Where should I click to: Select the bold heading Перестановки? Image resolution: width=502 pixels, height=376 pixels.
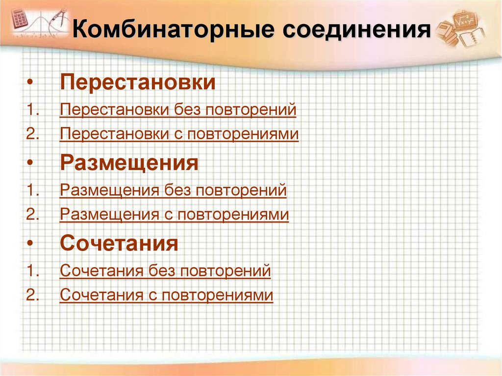(x=138, y=82)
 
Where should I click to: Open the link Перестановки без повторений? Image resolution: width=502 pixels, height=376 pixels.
(x=178, y=109)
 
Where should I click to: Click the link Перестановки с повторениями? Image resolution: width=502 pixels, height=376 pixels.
(x=179, y=134)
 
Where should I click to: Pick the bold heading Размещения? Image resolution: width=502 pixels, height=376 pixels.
(x=129, y=163)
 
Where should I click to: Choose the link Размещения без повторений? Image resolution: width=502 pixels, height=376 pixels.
(x=173, y=190)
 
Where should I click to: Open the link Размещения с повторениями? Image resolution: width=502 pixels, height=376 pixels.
(x=174, y=214)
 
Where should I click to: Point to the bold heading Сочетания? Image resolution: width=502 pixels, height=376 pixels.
(x=119, y=243)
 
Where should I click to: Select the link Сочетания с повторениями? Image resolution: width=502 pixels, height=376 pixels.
(x=166, y=295)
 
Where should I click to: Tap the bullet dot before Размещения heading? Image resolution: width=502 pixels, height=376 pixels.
(x=31, y=163)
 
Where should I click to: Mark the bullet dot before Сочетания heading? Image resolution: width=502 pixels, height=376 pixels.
(x=31, y=243)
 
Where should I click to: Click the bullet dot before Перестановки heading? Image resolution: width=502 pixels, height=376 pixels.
(x=31, y=82)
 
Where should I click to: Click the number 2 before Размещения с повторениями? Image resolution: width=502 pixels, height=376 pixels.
(x=32, y=214)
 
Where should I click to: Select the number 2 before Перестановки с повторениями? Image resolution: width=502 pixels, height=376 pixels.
(x=32, y=134)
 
